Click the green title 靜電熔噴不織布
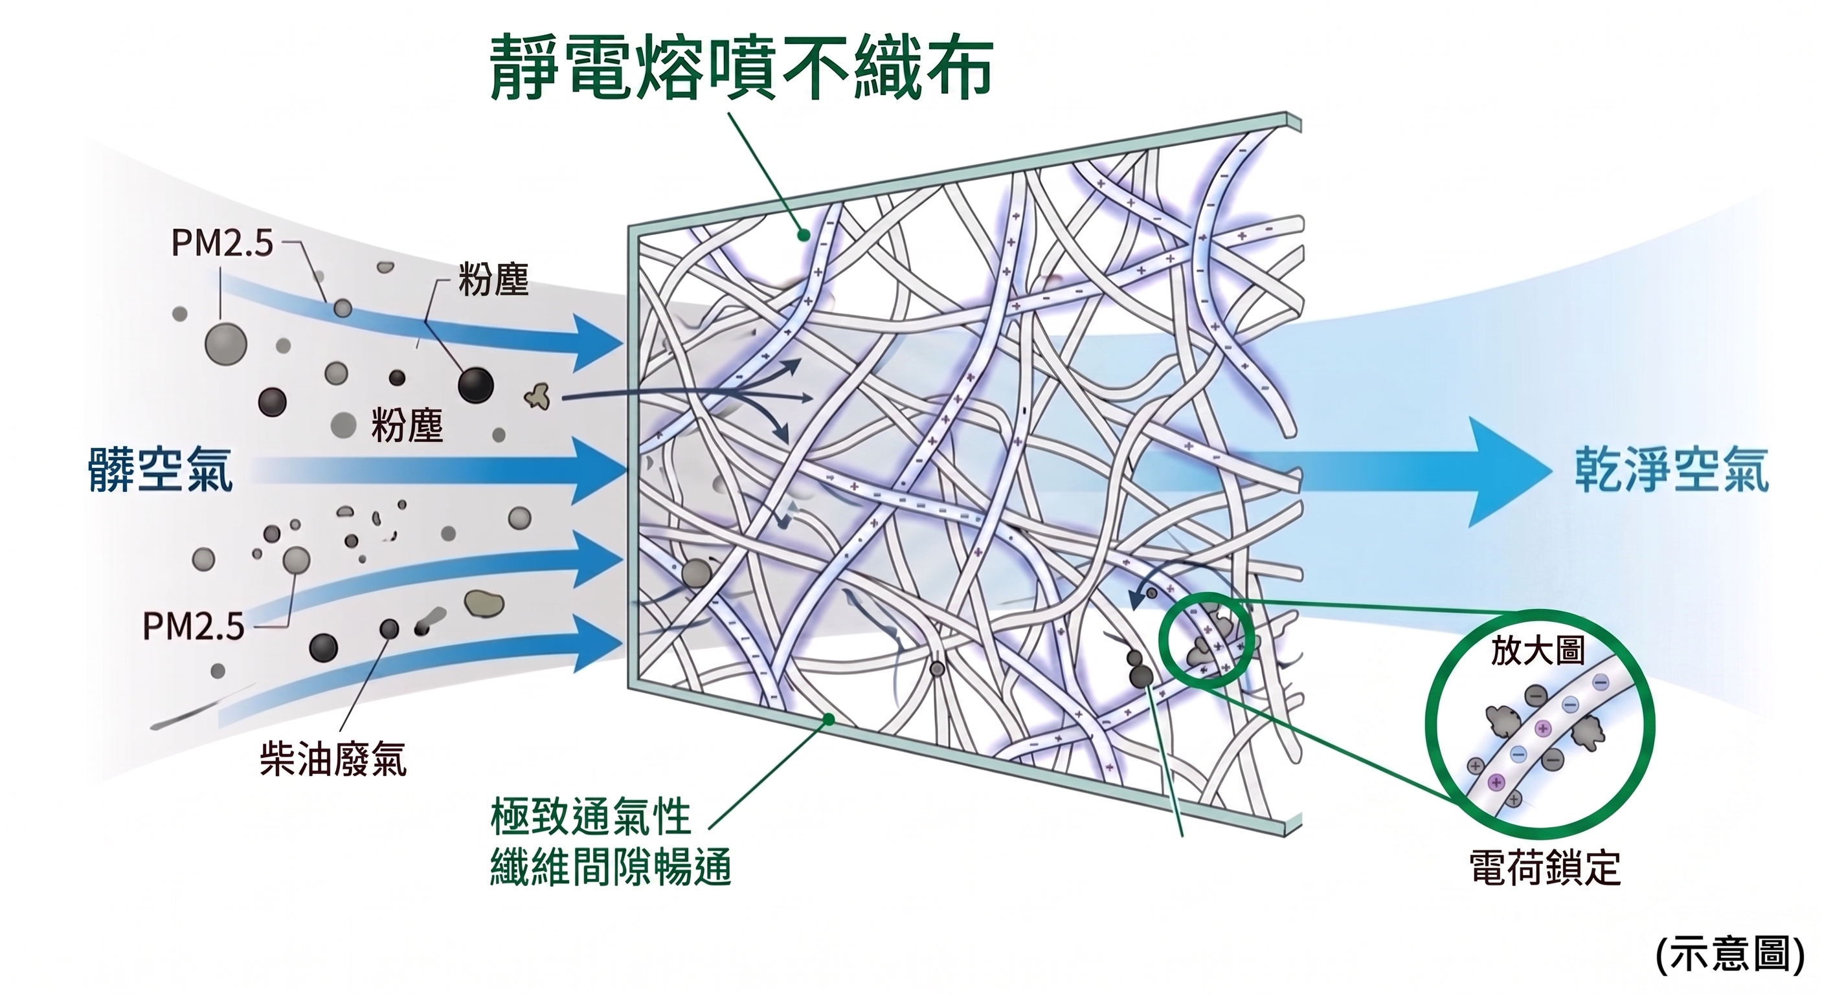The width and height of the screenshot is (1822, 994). pos(741,68)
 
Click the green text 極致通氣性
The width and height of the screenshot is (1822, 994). pos(590,818)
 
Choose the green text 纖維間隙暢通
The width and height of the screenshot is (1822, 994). pos(610,867)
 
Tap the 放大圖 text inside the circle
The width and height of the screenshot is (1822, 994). pos(1538,650)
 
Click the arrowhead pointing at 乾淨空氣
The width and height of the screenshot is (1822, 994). pos(1510,472)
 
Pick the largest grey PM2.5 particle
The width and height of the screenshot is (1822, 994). pos(225,344)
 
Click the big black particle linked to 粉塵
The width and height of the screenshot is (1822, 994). pos(475,384)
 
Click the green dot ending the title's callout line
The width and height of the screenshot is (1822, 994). pos(804,236)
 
